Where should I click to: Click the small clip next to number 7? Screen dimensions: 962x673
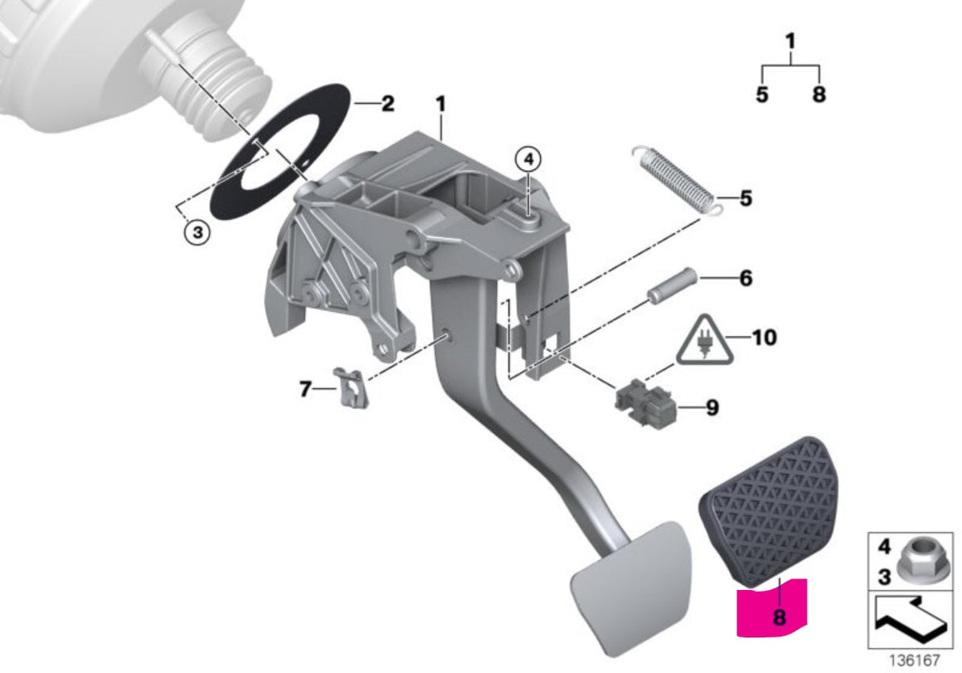[351, 387]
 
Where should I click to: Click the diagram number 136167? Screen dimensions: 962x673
[915, 661]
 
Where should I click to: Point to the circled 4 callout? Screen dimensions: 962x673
[529, 159]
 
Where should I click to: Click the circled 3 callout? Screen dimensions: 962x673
[197, 232]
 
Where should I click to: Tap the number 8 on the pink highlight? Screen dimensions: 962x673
[780, 617]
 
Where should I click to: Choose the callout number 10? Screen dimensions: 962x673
[764, 337]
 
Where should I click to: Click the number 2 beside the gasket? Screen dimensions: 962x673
[388, 103]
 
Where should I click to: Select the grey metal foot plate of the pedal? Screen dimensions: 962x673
[632, 588]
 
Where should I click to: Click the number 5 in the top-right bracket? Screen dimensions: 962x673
[762, 95]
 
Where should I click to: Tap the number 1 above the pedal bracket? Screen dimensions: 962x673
[440, 104]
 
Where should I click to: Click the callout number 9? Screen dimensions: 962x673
[712, 407]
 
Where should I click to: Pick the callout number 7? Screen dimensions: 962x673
[305, 388]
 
